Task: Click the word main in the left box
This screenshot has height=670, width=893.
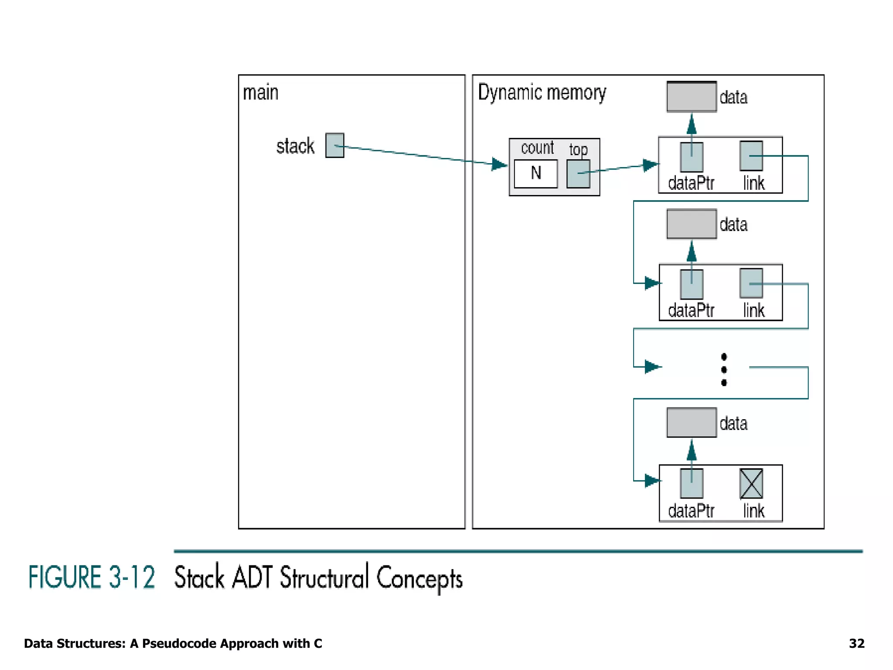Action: coord(260,93)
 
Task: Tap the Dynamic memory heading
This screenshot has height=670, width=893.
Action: coord(542,92)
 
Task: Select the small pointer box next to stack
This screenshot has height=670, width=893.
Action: coord(334,146)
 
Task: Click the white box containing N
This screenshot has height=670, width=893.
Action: coord(535,174)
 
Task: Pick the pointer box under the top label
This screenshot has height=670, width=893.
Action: coord(578,174)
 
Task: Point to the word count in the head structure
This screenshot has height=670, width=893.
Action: coord(537,148)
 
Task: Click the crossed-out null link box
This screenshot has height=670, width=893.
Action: coord(751,483)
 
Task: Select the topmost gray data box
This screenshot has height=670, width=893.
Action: coord(692,97)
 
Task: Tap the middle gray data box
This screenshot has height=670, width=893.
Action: coord(692,224)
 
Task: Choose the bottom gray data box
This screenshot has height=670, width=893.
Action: coord(692,423)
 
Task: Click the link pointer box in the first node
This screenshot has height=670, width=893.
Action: coord(751,156)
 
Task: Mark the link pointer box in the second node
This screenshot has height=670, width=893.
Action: coord(751,283)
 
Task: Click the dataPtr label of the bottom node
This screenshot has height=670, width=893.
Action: coord(691,511)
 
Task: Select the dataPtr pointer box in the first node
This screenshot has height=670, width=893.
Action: coord(692,157)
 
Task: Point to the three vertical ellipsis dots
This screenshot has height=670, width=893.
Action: coord(724,369)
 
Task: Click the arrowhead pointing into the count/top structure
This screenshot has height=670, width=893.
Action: coord(499,164)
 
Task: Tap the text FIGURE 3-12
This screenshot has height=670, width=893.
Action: coord(92,577)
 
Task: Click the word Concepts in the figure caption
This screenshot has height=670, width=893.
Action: coord(419,578)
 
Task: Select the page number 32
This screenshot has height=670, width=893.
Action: coord(856,643)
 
